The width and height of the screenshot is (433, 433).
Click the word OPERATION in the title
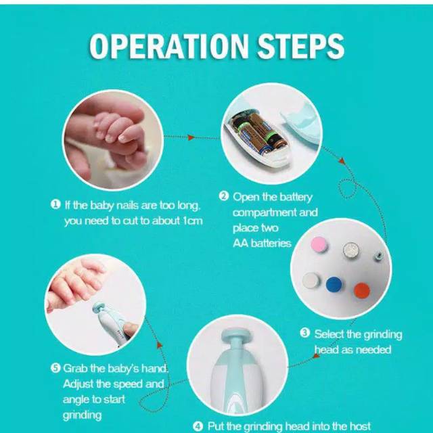(169, 46)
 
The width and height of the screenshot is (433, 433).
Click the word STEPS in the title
(300, 46)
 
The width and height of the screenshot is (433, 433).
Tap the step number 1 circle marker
(55, 204)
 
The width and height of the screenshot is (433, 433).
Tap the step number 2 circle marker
(224, 196)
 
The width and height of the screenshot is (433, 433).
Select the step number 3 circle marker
(305, 333)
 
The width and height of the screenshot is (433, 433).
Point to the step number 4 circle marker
(198, 426)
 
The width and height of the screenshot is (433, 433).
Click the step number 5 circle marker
(55, 368)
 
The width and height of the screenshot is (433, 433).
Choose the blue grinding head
(334, 284)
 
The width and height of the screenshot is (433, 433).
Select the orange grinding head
(362, 290)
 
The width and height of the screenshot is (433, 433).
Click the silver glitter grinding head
(351, 250)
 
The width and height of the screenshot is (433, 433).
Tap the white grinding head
(311, 280)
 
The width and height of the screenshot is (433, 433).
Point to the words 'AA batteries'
(262, 244)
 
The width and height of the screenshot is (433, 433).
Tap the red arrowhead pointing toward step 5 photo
(160, 344)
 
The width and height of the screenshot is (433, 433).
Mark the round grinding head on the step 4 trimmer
(236, 334)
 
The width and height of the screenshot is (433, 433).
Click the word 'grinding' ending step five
(83, 415)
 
